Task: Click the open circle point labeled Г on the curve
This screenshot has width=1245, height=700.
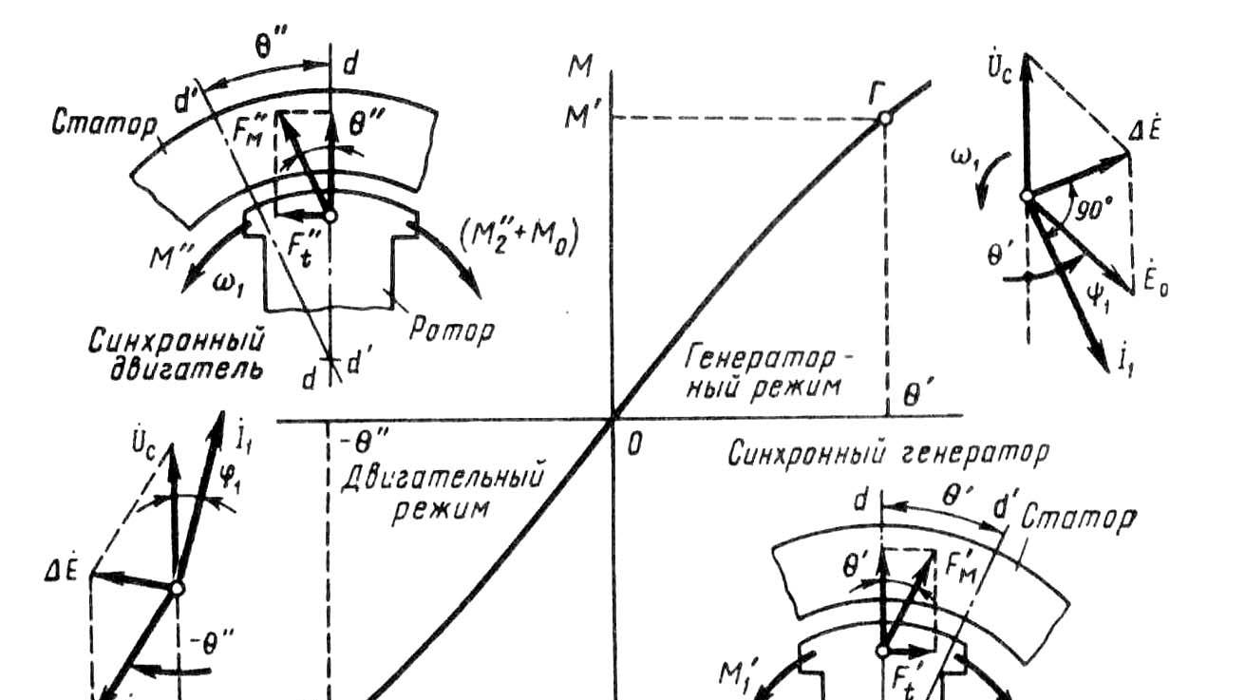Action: point(884,117)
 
